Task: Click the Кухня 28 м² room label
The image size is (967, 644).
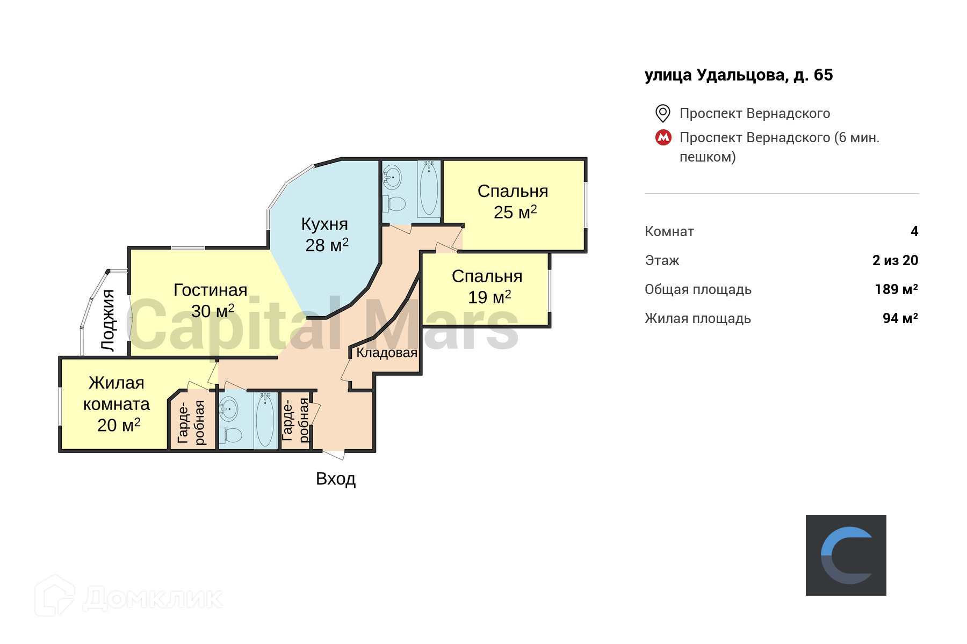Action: click(x=326, y=235)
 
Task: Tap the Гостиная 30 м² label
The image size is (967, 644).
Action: click(x=211, y=300)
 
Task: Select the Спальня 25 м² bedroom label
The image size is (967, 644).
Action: click(x=513, y=201)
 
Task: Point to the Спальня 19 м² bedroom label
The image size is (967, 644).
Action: click(x=487, y=286)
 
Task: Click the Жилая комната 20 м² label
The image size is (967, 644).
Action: click(x=117, y=404)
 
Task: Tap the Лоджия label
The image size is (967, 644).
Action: click(x=109, y=320)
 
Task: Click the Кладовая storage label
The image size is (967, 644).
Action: click(x=387, y=353)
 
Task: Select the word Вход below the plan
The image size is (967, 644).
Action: click(x=336, y=478)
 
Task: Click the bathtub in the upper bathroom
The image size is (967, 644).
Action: click(x=429, y=189)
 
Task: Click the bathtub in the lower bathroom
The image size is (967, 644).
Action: click(x=265, y=420)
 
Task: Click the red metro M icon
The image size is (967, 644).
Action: click(x=663, y=137)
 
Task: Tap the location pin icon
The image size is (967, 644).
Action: click(x=663, y=113)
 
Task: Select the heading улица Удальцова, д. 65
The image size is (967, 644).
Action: click(x=739, y=75)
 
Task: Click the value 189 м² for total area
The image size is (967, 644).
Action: click(x=896, y=289)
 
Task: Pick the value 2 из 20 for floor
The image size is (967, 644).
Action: click(x=895, y=260)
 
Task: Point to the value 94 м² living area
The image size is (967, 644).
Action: click(x=900, y=318)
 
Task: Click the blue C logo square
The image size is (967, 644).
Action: click(x=846, y=555)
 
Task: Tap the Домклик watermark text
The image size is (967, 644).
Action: click(x=153, y=598)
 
